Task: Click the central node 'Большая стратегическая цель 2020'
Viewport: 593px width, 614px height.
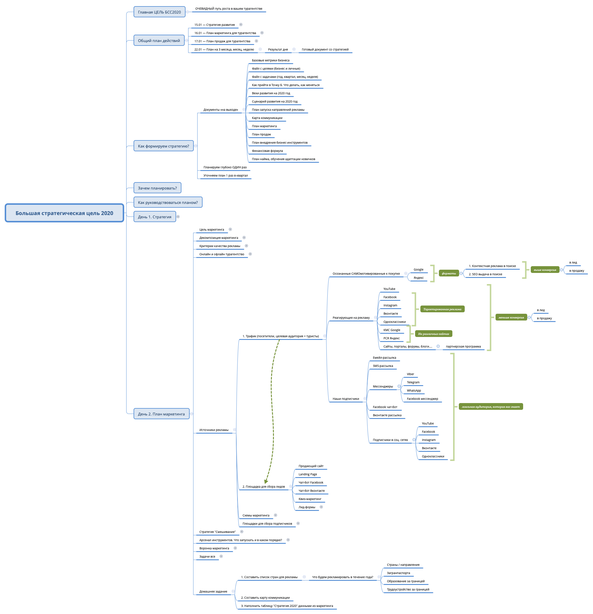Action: pos(64,213)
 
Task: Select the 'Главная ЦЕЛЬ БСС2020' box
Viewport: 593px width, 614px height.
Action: pos(159,12)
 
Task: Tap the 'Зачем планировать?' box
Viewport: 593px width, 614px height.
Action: pos(157,188)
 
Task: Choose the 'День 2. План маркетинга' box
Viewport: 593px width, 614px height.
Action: pos(161,414)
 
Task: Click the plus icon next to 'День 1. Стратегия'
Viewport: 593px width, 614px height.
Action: pos(178,217)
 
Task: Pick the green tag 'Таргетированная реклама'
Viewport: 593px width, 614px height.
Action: pos(442,309)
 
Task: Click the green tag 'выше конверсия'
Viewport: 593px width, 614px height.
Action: pos(545,270)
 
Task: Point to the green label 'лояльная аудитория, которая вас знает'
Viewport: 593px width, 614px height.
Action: pos(490,407)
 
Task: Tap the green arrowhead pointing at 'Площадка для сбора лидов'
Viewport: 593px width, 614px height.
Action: pos(266,481)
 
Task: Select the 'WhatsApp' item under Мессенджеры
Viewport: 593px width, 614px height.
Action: pos(414,391)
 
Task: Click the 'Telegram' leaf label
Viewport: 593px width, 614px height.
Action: pos(413,383)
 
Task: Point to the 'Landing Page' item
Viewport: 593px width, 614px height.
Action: pos(307,474)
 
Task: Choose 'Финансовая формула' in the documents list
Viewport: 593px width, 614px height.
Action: pos(267,151)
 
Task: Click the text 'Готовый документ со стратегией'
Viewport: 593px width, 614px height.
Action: pos(325,49)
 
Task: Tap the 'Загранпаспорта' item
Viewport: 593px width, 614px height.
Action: pos(398,573)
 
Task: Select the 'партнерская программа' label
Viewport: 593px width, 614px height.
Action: pos(463,346)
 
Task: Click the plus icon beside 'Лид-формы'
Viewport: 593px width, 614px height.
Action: pos(321,507)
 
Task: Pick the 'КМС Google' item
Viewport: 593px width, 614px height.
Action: pos(392,330)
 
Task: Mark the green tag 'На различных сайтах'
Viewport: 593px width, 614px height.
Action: pos(433,334)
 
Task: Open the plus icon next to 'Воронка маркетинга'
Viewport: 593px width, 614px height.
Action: pos(235,548)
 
